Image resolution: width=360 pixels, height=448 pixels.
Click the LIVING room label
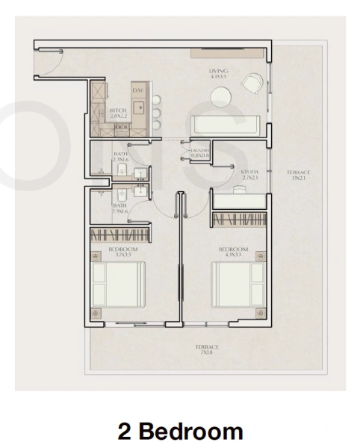tap(218, 72)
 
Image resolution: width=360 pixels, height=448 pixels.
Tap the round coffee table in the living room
tap(221, 97)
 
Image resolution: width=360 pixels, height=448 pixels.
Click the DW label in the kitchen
tap(137, 91)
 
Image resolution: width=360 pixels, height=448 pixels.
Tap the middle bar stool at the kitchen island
tap(157, 113)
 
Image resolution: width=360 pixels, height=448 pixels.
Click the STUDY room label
tap(249, 172)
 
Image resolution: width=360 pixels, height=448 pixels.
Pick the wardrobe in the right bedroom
tap(238, 220)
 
